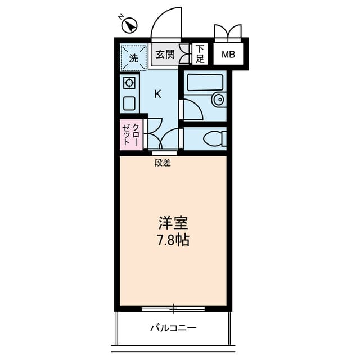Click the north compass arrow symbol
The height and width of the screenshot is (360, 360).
click(x=130, y=26)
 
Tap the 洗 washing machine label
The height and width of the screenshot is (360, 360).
click(x=133, y=57)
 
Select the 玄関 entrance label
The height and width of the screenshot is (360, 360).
click(x=165, y=55)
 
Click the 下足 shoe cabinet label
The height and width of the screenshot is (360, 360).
click(x=200, y=55)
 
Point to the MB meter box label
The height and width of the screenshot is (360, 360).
click(x=228, y=55)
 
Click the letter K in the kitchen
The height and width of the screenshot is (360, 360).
click(x=157, y=94)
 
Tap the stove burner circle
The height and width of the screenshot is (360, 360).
click(x=129, y=84)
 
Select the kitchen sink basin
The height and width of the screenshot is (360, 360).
click(x=129, y=103)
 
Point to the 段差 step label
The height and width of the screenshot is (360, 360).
click(x=163, y=163)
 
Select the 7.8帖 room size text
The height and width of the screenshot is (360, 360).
click(x=173, y=240)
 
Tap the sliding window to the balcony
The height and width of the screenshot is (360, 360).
click(x=173, y=308)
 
